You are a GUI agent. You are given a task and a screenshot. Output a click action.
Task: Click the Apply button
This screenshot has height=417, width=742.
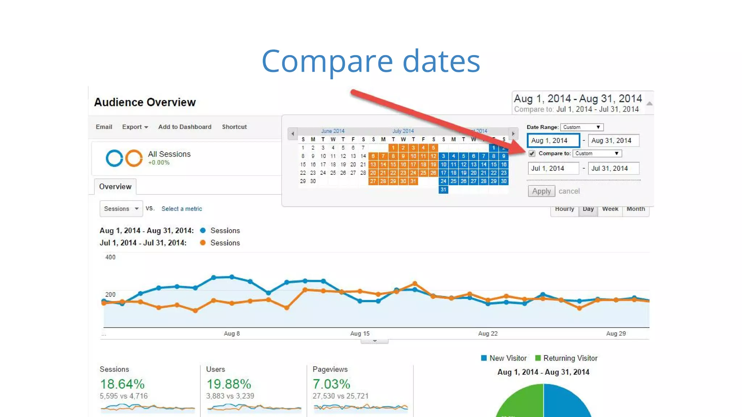point(541,191)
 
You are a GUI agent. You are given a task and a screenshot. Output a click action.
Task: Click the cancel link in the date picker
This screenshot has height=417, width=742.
point(569,191)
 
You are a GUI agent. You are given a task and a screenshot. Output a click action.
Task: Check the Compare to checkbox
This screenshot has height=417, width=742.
point(532,153)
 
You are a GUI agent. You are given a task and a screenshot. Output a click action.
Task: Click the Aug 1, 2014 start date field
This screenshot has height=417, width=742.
point(553,140)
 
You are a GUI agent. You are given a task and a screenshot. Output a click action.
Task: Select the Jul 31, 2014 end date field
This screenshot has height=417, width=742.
point(613,168)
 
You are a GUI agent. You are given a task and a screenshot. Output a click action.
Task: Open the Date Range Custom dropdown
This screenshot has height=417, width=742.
point(581,127)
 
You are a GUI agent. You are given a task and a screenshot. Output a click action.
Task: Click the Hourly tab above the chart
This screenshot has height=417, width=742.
point(564,209)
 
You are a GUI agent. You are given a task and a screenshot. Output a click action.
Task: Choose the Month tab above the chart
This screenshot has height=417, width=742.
point(635,209)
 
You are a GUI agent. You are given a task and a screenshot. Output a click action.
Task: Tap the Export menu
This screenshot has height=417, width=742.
point(135,127)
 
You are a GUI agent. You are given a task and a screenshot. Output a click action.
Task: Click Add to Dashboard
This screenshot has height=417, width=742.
point(185,127)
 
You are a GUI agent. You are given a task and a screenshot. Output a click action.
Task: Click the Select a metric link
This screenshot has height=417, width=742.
point(182,209)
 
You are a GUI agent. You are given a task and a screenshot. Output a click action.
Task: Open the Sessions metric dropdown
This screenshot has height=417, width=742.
point(121,209)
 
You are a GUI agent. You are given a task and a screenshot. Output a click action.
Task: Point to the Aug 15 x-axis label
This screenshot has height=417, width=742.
point(360,333)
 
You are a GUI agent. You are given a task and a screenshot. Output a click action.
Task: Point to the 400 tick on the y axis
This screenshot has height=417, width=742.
point(110,257)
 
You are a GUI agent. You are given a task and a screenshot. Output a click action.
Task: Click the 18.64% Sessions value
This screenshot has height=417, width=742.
point(122,384)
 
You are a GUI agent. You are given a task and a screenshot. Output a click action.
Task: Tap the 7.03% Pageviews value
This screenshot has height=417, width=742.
point(331,384)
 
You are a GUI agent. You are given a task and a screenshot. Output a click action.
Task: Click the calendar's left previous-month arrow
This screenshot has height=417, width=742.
point(293,134)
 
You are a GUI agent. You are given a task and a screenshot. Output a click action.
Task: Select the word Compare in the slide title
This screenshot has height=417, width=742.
point(327,61)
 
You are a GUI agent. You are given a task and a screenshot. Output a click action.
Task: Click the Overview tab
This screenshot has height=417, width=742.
point(115,187)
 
